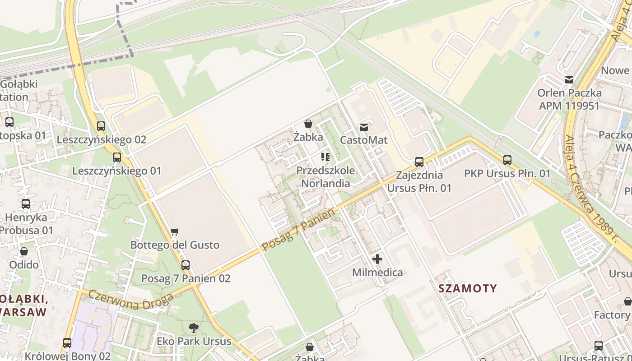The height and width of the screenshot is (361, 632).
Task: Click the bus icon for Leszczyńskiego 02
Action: [x=101, y=126]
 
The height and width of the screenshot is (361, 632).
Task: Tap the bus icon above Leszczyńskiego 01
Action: [x=117, y=157]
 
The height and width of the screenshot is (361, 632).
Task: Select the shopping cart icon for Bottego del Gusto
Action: [x=175, y=232]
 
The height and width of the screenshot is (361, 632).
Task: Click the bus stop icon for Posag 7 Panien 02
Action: [x=186, y=265]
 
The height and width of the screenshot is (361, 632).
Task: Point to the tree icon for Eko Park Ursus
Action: [x=194, y=328]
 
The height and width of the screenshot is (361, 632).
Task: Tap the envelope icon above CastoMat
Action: [x=364, y=127]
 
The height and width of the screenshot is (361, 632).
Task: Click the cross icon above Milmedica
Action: [x=377, y=259]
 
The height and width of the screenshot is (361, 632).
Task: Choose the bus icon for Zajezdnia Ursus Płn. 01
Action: [x=419, y=162]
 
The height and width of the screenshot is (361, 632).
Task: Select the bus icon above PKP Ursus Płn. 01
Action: [x=507, y=160]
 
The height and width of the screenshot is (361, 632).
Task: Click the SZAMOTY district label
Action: [x=468, y=288]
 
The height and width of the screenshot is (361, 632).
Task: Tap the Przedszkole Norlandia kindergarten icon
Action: [x=325, y=157]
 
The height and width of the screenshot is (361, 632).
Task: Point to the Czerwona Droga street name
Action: [x=131, y=300]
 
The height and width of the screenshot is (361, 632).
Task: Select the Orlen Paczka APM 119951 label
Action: [x=569, y=99]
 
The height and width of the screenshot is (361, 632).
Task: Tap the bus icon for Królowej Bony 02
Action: [x=67, y=343]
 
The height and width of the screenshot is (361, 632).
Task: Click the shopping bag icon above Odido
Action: [x=24, y=251]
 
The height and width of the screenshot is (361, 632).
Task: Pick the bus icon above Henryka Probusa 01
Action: [x=26, y=204]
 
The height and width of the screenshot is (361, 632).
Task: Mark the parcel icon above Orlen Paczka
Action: [x=569, y=80]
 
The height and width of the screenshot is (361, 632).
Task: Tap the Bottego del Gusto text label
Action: [x=175, y=245]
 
